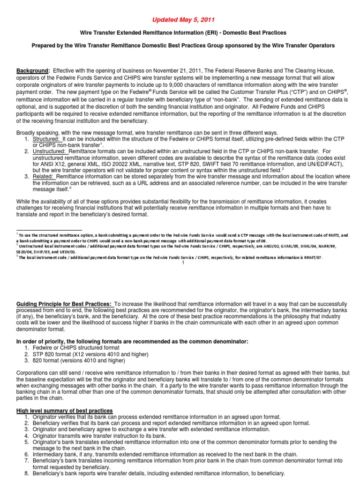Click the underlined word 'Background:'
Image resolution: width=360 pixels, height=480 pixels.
tap(33, 70)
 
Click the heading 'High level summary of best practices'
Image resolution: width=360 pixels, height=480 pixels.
tap(64, 411)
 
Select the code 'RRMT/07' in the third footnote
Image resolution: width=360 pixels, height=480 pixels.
tap(311, 257)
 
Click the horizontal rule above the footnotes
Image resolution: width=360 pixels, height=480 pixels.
tap(39, 231)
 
